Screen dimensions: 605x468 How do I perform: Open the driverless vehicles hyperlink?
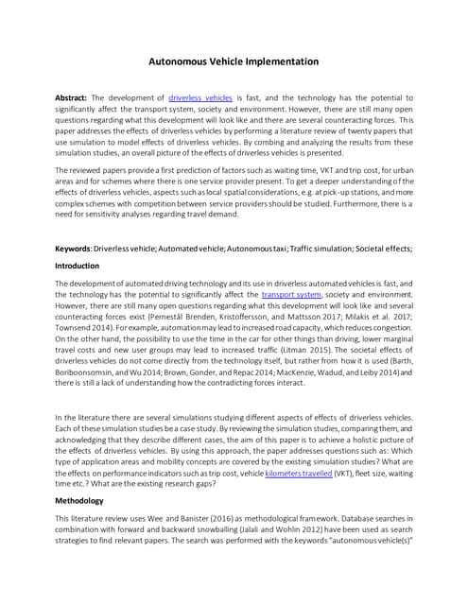tap(199, 97)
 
